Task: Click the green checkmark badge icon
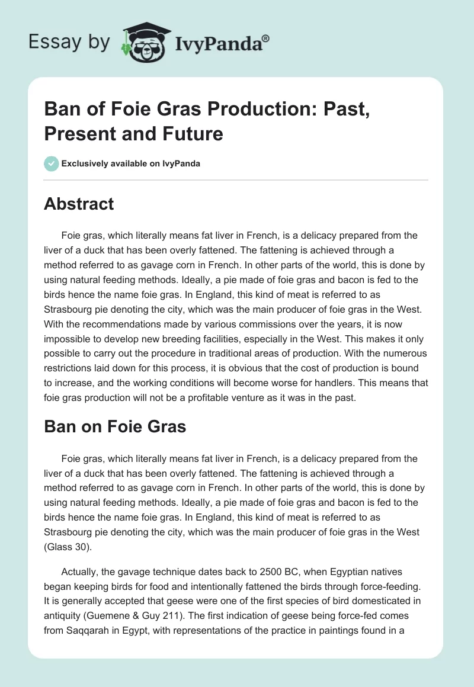pyautogui.click(x=51, y=163)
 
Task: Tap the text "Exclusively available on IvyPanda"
pyautogui.click(x=130, y=163)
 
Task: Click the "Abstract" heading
pyautogui.click(x=79, y=204)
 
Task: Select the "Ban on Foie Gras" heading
pyautogui.click(x=115, y=426)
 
